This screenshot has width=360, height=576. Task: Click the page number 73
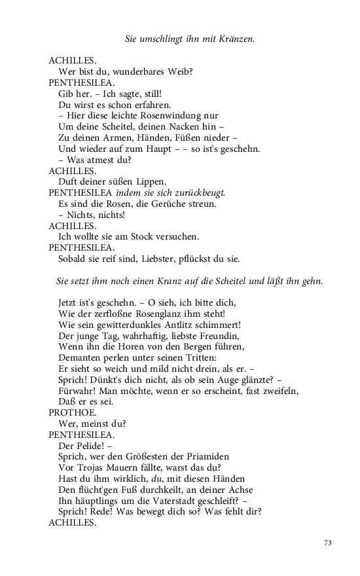pyautogui.click(x=329, y=543)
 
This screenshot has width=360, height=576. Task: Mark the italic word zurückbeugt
pyautogui.click(x=200, y=192)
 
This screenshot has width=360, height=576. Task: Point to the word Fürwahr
pyautogui.click(x=77, y=391)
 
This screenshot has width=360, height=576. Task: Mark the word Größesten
pyautogui.click(x=138, y=457)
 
